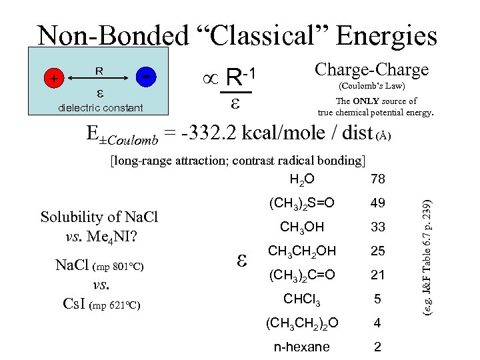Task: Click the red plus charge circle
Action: click(52, 79)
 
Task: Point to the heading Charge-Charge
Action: click(371, 69)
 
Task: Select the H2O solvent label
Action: click(302, 179)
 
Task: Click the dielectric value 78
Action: click(377, 179)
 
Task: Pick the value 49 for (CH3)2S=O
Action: click(377, 203)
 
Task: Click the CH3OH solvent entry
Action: click(302, 227)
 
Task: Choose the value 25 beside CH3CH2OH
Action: click(377, 251)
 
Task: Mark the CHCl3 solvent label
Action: click(302, 299)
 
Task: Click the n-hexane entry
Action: click(302, 347)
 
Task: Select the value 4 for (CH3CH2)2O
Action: click(377, 323)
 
